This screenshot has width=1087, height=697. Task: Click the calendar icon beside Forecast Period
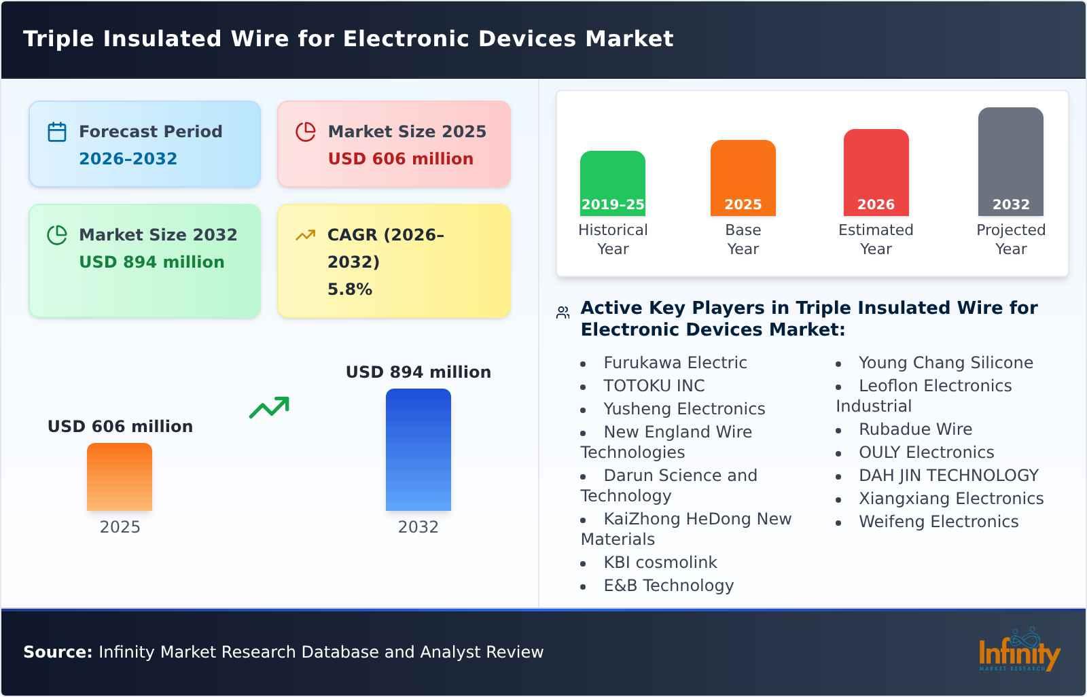(57, 132)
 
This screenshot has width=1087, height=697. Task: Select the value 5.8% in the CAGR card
(349, 289)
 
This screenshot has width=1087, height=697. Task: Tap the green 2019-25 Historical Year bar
(612, 183)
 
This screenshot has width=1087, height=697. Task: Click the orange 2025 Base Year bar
(743, 178)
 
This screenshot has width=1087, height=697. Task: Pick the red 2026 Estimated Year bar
(876, 173)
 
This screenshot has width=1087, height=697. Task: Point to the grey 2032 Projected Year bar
(1010, 162)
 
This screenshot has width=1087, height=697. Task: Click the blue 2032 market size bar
(418, 450)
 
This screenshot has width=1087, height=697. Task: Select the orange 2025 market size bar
(120, 477)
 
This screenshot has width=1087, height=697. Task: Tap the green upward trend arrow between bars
(270, 408)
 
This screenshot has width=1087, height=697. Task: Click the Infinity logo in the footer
(1018, 651)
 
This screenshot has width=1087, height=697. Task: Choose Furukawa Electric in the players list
(675, 363)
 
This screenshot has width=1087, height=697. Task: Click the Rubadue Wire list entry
(914, 429)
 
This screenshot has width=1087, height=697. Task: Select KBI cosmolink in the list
(660, 562)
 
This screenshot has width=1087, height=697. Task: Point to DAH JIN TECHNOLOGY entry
(948, 476)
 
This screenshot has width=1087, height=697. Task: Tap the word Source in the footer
(57, 652)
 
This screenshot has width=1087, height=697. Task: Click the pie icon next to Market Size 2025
(306, 132)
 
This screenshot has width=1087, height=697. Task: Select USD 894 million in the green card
(152, 262)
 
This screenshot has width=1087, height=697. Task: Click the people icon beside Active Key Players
(563, 312)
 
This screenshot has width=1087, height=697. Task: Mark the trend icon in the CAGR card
(306, 235)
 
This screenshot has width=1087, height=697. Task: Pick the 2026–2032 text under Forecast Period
(128, 159)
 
